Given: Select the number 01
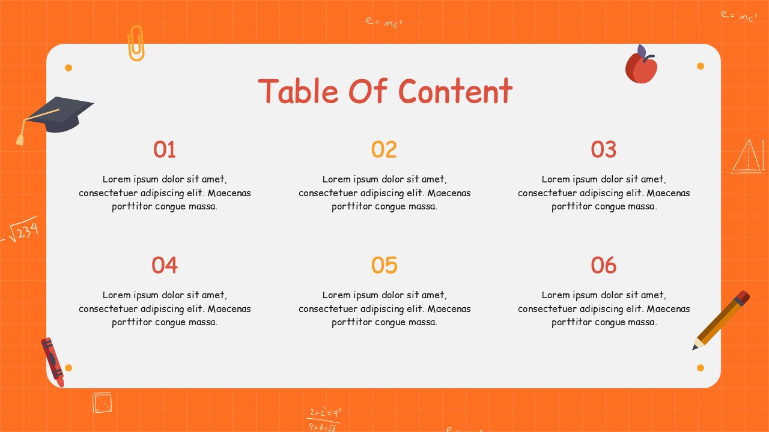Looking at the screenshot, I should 165,149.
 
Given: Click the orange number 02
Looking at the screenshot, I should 384,149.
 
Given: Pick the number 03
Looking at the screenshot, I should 604,149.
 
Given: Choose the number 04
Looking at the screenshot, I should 165,265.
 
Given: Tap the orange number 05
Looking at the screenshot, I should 384,265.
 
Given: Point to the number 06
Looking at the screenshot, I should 604,265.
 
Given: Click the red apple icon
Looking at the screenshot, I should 642,67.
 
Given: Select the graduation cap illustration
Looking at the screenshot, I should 59,114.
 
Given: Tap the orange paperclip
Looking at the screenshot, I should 136,43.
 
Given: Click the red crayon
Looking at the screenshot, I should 52,361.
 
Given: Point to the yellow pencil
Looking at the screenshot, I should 722,320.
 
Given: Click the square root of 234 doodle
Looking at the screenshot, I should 23,230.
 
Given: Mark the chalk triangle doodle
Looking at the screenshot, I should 747,157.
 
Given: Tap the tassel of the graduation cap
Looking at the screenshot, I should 20,139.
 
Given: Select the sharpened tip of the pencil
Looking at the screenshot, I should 696,347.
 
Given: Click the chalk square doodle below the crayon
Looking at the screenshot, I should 102,402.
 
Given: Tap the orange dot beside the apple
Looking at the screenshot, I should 701,66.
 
